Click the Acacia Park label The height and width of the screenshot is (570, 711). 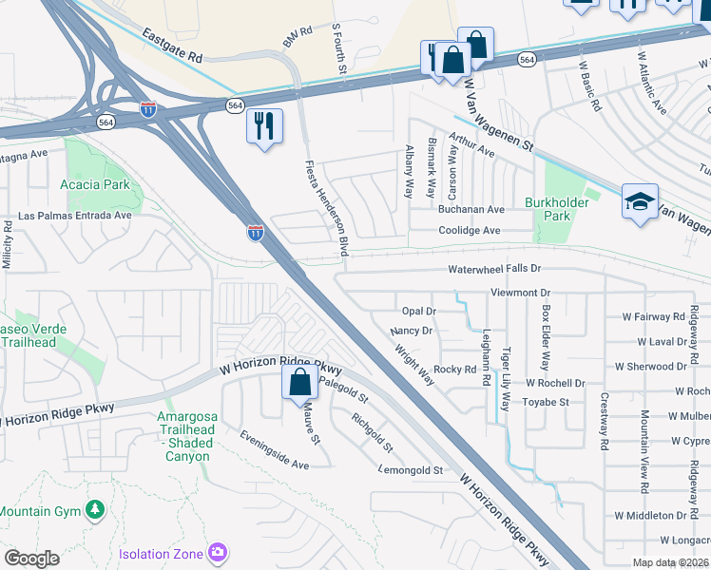point(94,183)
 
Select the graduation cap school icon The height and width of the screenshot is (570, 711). point(640,201)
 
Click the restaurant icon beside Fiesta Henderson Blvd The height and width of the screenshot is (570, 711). point(264,125)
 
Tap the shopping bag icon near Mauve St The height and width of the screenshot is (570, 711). point(299,383)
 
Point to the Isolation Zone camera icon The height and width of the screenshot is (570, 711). point(219,552)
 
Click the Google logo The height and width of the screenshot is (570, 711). point(31,558)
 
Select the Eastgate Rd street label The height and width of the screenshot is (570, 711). point(173,44)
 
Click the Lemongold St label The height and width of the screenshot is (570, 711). point(412,470)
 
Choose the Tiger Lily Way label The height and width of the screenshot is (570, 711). point(505,378)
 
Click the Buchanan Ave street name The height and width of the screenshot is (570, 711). point(471,209)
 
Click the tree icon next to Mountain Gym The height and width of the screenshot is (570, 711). point(94,510)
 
